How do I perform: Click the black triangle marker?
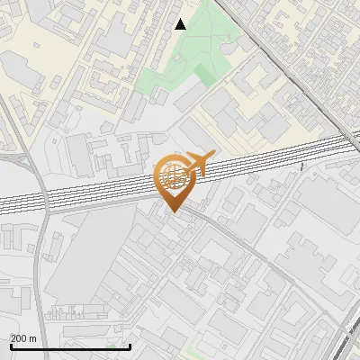coord(181,24)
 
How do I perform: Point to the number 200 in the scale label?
coord(18,338)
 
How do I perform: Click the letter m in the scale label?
coord(33,338)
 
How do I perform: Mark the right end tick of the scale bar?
coord(130,346)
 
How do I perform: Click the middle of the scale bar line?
coord(69,347)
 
